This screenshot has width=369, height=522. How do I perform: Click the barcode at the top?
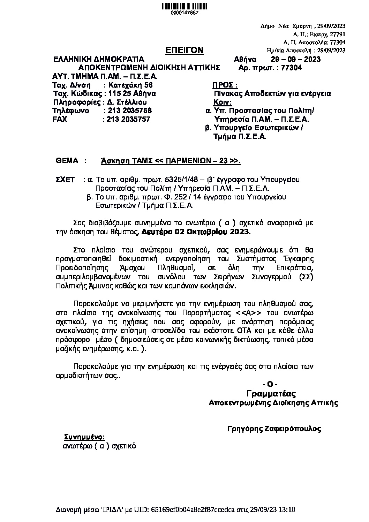[x=184, y=6]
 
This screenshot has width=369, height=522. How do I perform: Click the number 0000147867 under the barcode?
[x=184, y=13]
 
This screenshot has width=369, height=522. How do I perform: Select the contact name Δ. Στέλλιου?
[x=127, y=103]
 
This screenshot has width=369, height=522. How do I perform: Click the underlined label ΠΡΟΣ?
[x=225, y=85]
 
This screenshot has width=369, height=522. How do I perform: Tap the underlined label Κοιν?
[x=222, y=103]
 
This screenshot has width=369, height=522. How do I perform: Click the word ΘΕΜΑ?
[x=67, y=161]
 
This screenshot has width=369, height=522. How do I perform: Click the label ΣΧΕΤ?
[x=66, y=180]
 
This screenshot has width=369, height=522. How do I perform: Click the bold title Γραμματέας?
[x=271, y=394]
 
